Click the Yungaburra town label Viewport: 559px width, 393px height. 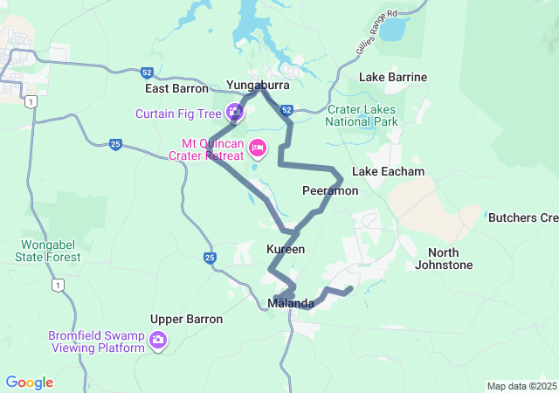(x=258, y=85)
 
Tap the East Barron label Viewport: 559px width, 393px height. (x=177, y=88)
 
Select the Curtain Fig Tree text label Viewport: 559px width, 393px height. (x=177, y=114)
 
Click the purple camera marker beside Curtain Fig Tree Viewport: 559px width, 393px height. (x=234, y=112)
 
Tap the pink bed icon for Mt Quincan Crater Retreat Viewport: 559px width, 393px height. (x=258, y=147)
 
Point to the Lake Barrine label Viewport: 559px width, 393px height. (x=393, y=77)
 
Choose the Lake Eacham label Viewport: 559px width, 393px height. (x=388, y=171)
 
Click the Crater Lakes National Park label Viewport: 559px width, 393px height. (x=362, y=115)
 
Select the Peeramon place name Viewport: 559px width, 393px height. (x=330, y=190)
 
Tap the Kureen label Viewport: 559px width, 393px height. (x=286, y=249)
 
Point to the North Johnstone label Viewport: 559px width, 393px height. (x=445, y=259)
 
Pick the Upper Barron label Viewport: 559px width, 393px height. (x=186, y=319)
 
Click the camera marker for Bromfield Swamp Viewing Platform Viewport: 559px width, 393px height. (x=158, y=340)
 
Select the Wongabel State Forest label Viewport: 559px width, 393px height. (x=48, y=251)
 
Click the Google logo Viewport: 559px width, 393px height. (x=29, y=383)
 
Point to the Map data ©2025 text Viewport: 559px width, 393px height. (x=521, y=386)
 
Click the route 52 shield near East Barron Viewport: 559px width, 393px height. (x=146, y=72)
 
